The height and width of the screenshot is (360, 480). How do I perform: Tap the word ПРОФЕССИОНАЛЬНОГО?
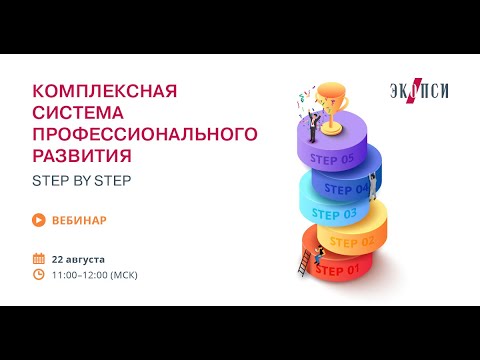point(145,134)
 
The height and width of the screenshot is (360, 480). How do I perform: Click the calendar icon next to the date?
point(38,258)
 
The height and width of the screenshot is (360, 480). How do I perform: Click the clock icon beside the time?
point(38,274)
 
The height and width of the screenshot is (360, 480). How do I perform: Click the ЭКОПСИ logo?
point(419,91)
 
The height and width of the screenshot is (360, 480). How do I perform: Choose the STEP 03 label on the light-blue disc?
point(334,213)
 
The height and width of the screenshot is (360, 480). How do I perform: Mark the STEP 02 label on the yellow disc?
point(352,241)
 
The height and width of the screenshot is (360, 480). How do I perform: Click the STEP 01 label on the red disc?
point(336,270)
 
